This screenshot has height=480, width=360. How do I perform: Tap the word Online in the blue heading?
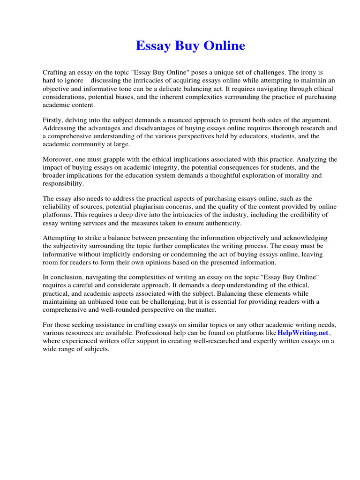point(223,46)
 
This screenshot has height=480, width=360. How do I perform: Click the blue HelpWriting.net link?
point(303,333)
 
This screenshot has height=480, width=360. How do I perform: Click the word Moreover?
point(58,159)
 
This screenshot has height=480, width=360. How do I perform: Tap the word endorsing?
point(156,254)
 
